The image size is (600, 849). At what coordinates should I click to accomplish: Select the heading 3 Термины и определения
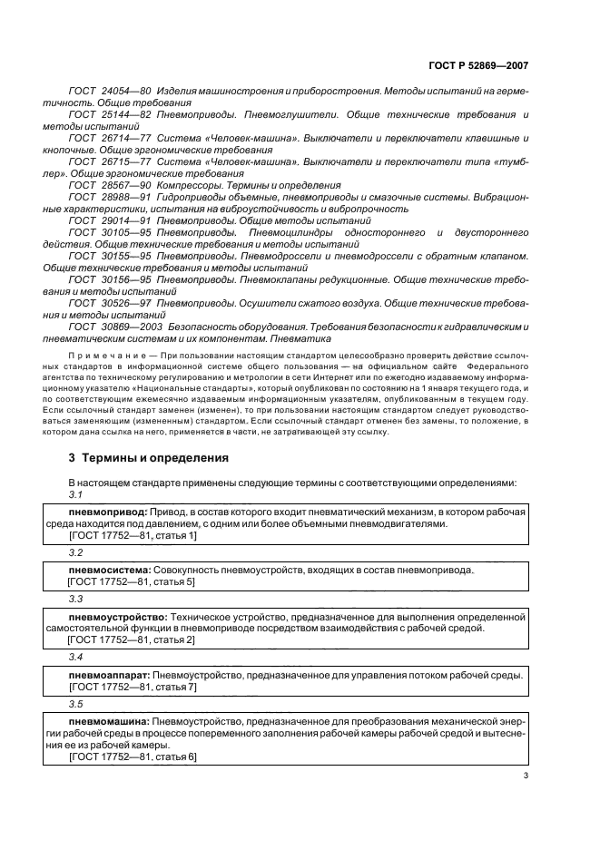(x=148, y=458)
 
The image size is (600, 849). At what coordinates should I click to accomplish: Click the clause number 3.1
(x=75, y=495)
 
